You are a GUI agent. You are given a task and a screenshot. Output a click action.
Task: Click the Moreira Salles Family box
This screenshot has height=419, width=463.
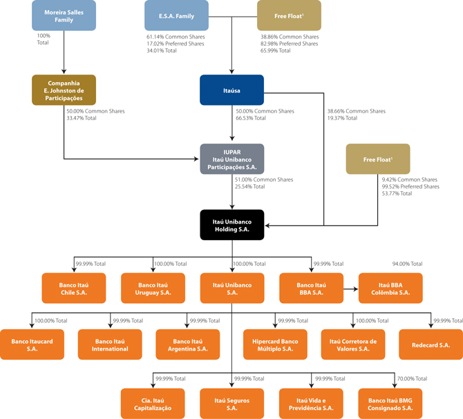pyautogui.click(x=64, y=15)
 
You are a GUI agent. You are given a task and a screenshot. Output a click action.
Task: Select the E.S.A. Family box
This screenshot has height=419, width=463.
pyautogui.click(x=176, y=15)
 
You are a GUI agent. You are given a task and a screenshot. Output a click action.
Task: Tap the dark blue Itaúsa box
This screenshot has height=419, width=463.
pyautogui.click(x=231, y=90)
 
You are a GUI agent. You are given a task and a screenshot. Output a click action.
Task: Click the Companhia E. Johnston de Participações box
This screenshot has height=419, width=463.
pyautogui.click(x=64, y=90)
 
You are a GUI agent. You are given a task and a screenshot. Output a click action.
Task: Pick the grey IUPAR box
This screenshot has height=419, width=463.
pyautogui.click(x=231, y=159)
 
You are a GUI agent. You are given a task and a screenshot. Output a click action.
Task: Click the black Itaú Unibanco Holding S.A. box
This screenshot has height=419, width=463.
pyautogui.click(x=231, y=225)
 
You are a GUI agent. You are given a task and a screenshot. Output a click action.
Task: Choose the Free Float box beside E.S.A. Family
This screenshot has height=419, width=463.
pyautogui.click(x=289, y=15)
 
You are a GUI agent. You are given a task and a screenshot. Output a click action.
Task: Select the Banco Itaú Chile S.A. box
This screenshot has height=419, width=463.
pyautogui.click(x=74, y=288)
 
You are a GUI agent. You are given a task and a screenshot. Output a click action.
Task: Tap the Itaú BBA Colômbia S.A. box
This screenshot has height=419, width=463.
pyautogui.click(x=390, y=288)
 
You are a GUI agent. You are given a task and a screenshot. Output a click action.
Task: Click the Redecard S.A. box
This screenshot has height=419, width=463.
pyautogui.click(x=431, y=344)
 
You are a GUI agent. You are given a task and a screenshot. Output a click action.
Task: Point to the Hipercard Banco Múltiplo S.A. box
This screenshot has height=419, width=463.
pyautogui.click(x=275, y=344)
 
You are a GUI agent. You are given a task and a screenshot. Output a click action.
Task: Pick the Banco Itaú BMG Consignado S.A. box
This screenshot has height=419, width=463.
pyautogui.click(x=390, y=404)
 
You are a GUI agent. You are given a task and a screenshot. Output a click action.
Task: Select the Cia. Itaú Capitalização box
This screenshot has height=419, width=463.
pyautogui.click(x=153, y=404)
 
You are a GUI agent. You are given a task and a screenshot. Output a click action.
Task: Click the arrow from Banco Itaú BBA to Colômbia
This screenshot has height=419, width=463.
pyautogui.click(x=351, y=289)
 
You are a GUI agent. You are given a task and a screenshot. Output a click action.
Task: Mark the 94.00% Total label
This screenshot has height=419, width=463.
pyautogui.click(x=407, y=264)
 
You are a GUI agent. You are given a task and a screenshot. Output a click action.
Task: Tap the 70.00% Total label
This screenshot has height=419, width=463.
pyautogui.click(x=413, y=378)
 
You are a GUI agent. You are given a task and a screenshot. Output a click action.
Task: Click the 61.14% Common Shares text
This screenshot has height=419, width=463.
pyautogui.click(x=176, y=37)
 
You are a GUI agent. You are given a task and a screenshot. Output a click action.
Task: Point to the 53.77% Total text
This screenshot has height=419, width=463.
pyautogui.click(x=397, y=193)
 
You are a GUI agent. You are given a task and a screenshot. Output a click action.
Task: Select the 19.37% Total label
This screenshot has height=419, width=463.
pyautogui.click(x=342, y=118)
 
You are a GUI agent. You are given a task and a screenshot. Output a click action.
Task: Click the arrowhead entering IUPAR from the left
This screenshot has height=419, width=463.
pyautogui.click(x=196, y=159)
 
